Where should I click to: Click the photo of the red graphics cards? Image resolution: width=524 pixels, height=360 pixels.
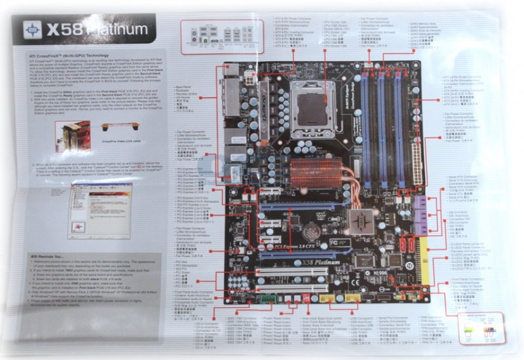coord(71,137)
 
